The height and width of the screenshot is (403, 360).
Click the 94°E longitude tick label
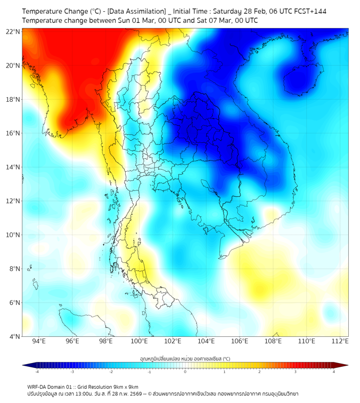pos(39,341)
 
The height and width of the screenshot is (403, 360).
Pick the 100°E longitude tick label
pos(140,341)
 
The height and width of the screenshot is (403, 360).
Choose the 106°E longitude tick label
pos(240,341)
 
